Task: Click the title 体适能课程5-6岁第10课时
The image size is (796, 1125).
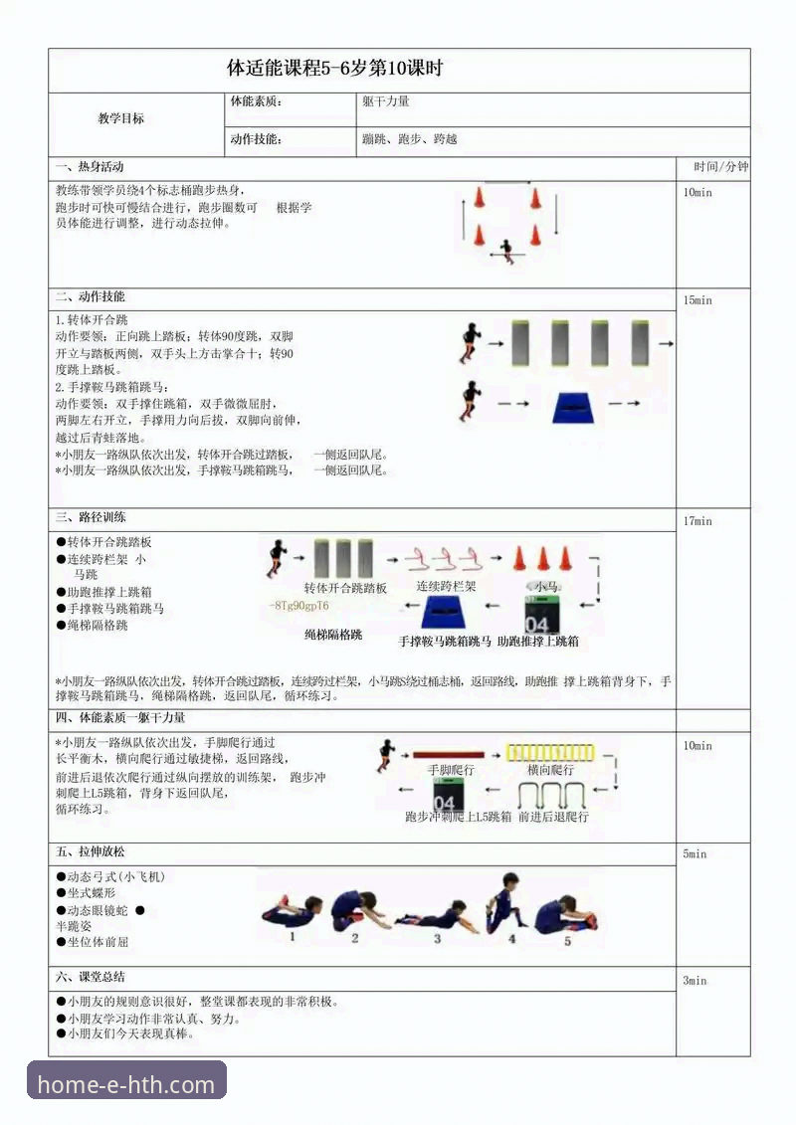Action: (x=335, y=70)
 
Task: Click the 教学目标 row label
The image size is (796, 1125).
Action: (x=120, y=118)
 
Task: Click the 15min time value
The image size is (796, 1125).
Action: (x=697, y=300)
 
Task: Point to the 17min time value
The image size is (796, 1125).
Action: (x=697, y=521)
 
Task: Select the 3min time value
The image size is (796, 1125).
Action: (x=695, y=981)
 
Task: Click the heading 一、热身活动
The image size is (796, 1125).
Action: (x=90, y=166)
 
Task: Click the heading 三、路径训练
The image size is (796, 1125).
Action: (x=91, y=518)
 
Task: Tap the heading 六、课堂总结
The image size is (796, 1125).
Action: (x=91, y=977)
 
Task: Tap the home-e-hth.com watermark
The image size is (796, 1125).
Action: (x=126, y=1084)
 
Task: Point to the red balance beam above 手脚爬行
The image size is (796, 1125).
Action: (x=449, y=755)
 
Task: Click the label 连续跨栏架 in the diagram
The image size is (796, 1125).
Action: (x=446, y=587)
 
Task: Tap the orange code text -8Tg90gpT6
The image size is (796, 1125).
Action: (x=299, y=606)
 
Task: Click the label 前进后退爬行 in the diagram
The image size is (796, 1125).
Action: (x=553, y=817)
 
